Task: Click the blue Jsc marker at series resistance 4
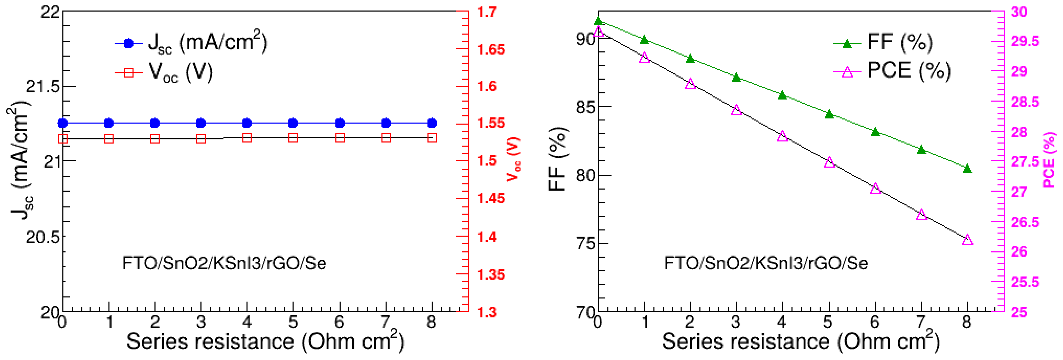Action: point(247,123)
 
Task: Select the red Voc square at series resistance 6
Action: point(340,138)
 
